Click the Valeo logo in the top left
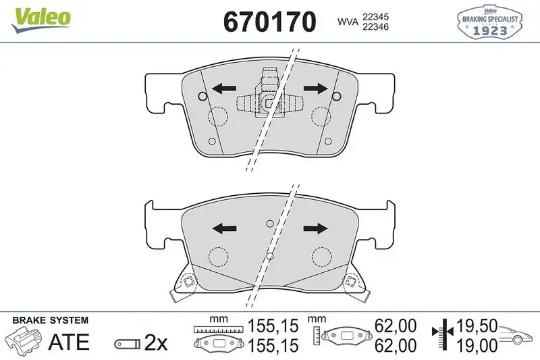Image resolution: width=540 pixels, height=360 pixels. tap(39, 16)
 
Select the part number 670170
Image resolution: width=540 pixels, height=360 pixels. tap(269, 22)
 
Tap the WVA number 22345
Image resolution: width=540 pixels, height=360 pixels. tap(377, 16)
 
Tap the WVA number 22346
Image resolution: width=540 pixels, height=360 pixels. tap(377, 28)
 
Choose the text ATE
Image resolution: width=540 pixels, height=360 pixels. tap(68, 342)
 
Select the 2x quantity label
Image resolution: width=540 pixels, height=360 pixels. tap(156, 342)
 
